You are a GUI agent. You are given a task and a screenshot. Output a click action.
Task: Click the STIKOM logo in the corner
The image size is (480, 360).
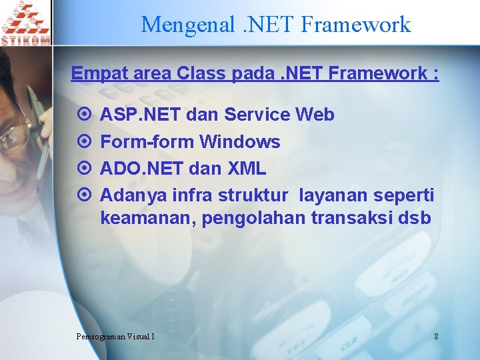coord(25,23)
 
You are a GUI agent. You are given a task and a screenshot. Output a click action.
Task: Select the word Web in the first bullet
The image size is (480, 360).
coord(315,115)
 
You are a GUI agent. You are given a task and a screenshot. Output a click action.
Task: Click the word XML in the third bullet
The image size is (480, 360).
coord(247,168)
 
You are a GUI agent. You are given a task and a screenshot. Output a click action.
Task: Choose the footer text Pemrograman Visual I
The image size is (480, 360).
coord(115,336)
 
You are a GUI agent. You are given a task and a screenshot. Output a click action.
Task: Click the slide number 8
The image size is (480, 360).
coord(436,336)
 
